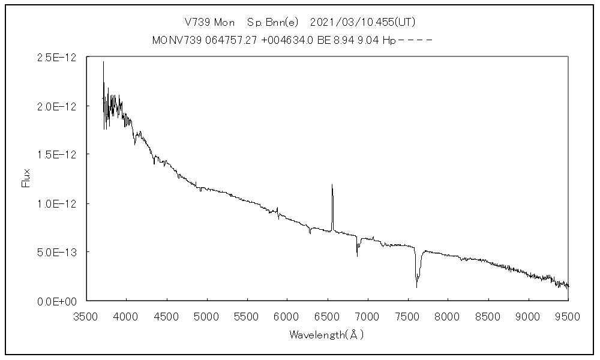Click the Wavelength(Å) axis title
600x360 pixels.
[326, 334]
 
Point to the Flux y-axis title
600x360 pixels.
[26, 179]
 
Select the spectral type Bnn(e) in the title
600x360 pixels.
[274, 22]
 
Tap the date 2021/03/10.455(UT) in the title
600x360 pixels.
[363, 22]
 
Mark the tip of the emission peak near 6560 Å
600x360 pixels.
[332, 185]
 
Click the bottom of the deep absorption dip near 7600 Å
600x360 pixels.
[416, 287]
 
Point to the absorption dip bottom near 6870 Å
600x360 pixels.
[357, 256]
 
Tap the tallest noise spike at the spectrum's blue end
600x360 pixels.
[103, 61]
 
